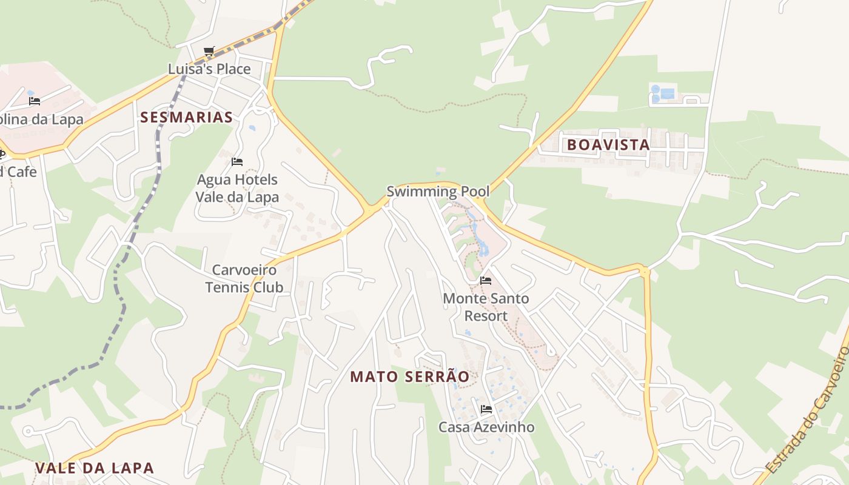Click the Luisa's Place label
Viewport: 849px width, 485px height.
click(209, 69)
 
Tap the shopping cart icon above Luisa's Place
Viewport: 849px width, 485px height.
click(209, 52)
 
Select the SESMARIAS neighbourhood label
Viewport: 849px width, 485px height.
click(186, 117)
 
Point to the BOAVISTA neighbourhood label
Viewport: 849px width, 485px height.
click(608, 145)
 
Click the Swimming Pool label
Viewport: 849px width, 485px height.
click(438, 192)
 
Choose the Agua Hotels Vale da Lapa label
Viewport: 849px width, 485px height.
click(237, 189)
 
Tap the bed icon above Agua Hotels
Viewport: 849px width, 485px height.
click(237, 162)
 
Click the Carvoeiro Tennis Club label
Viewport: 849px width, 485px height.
click(244, 278)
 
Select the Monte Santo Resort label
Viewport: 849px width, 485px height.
click(486, 307)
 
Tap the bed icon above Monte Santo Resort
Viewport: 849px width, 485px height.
click(486, 281)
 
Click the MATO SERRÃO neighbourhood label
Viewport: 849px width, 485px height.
click(410, 376)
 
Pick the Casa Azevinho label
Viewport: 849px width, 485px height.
click(486, 427)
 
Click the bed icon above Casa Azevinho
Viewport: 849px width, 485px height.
click(486, 409)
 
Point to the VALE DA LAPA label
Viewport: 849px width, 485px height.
click(95, 468)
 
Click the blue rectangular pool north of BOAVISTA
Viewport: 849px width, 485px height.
click(667, 93)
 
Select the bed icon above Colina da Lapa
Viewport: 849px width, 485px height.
click(35, 101)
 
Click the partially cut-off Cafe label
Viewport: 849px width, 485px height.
click(18, 172)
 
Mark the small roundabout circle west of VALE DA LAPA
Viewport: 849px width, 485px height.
click(27, 431)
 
